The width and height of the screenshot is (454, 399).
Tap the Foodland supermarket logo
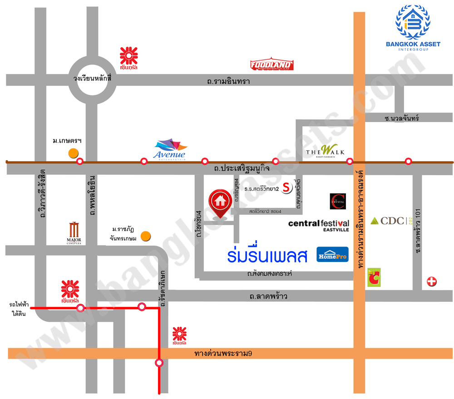(272, 65)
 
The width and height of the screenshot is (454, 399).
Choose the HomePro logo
(332, 255)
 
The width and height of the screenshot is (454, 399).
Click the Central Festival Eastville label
(319, 225)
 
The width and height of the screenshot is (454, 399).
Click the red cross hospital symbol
(431, 282)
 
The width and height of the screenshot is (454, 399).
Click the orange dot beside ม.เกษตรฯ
(73, 153)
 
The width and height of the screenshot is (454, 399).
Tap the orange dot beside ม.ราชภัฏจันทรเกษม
(145, 236)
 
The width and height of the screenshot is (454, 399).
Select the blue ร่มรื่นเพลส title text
(267, 255)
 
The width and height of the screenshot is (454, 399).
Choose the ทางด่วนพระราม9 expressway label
(222, 353)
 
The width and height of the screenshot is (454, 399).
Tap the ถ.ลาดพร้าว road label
(268, 297)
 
